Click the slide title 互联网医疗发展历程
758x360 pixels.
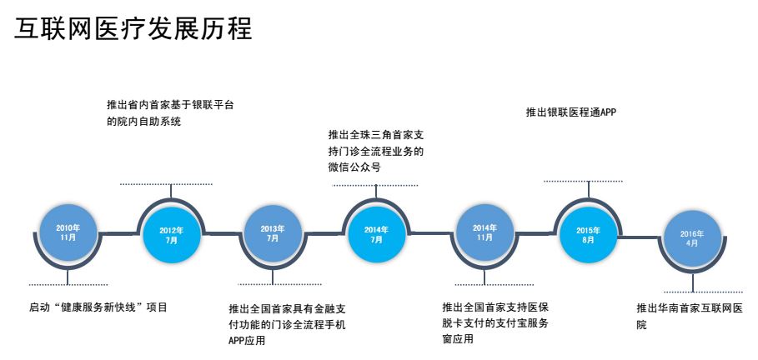click(x=133, y=28)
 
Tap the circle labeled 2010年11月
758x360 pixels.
click(x=68, y=232)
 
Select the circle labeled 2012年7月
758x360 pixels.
click(x=171, y=234)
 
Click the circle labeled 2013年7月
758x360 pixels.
click(x=273, y=233)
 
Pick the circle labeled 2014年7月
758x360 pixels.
click(x=376, y=234)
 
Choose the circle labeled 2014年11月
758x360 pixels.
click(x=484, y=232)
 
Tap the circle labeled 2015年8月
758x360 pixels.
click(x=588, y=234)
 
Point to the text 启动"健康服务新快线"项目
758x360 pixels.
click(x=98, y=307)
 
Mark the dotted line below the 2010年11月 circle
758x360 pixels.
click(x=68, y=283)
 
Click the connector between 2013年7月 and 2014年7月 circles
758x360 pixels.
click(x=325, y=232)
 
